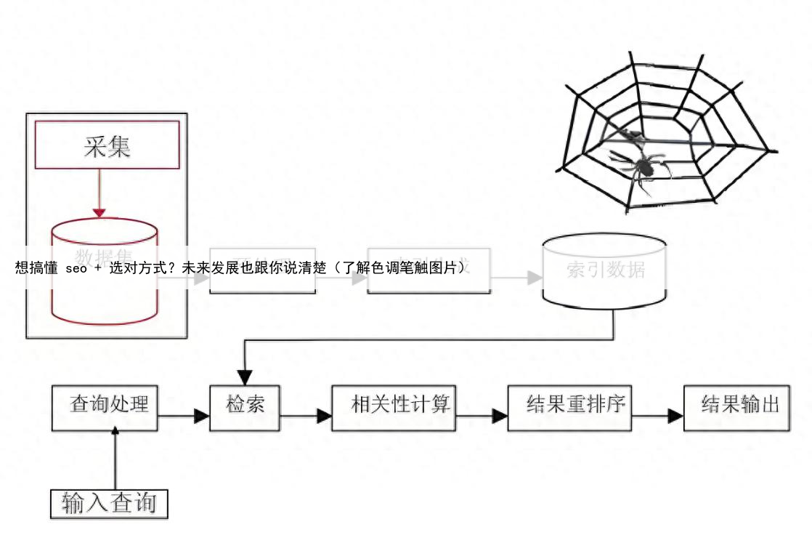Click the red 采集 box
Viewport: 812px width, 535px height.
[107, 145]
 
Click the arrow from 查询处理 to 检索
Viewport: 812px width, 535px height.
[183, 417]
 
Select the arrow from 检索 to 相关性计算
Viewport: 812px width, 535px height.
[306, 417]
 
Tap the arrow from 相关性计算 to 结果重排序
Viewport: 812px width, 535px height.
[482, 417]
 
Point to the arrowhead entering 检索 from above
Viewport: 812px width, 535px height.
[245, 377]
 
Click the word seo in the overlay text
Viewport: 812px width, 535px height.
[76, 267]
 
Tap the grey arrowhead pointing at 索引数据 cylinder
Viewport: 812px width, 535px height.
[535, 278]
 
